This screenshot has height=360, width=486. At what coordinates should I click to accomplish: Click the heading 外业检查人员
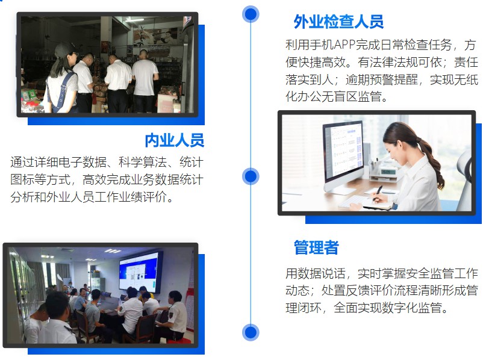tap(338, 22)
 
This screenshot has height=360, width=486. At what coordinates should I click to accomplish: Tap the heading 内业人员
tap(175, 140)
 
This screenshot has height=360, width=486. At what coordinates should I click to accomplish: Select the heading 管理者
tap(316, 247)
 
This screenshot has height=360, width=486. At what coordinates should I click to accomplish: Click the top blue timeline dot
tap(251, 14)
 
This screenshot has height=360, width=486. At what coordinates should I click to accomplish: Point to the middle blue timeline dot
tap(251, 176)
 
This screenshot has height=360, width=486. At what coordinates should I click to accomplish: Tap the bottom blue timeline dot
tap(251, 332)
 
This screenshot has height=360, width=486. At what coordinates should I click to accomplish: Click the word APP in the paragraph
tap(344, 45)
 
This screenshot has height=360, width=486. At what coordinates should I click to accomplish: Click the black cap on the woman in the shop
tap(64, 49)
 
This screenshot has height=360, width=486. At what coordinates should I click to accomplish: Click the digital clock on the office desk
tap(388, 172)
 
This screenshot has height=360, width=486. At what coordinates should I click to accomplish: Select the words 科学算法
tap(143, 162)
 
